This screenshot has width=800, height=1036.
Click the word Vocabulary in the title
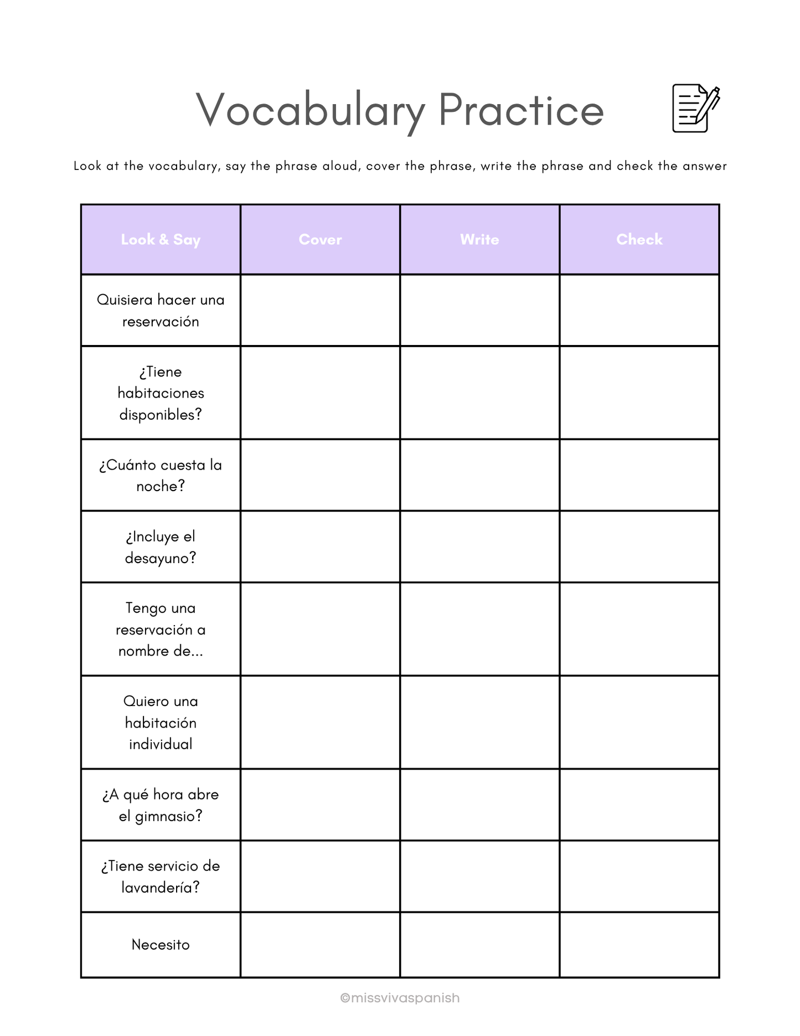click(310, 110)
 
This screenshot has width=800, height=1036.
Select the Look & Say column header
click(161, 240)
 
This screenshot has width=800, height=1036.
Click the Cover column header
click(320, 240)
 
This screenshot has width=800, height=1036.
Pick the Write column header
click(479, 240)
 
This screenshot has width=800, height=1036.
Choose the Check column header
click(639, 240)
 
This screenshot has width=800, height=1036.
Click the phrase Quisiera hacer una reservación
click(161, 311)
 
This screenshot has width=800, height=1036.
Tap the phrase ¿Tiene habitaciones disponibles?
click(161, 393)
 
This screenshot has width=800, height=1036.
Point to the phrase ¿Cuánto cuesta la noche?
click(161, 475)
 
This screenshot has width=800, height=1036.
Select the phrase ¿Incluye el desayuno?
click(161, 547)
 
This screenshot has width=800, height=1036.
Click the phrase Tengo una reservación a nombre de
click(161, 630)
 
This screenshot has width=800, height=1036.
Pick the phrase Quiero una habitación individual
click(161, 723)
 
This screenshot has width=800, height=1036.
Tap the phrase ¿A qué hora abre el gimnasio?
click(161, 805)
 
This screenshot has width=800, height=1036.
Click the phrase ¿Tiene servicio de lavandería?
click(161, 877)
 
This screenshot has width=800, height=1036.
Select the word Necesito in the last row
click(161, 945)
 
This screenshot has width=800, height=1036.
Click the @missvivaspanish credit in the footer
click(400, 998)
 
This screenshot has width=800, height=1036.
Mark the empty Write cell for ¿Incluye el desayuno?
click(479, 547)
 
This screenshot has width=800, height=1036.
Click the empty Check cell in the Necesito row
click(639, 945)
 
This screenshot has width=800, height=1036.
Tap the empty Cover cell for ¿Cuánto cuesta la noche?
click(320, 475)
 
